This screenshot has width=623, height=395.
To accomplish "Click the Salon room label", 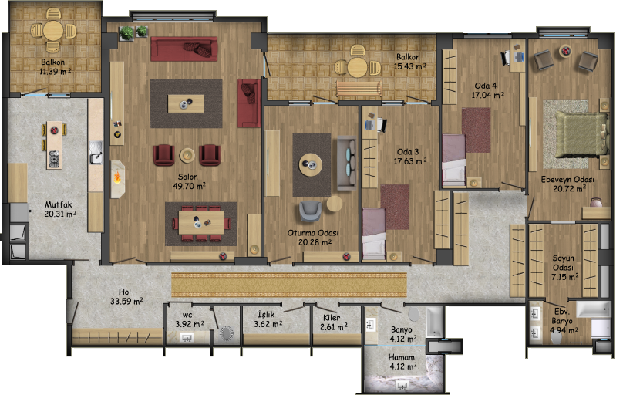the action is [x=188, y=177].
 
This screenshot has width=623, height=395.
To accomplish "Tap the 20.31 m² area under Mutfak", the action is [x=60, y=214].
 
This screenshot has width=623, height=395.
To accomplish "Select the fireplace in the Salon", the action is [x=118, y=178].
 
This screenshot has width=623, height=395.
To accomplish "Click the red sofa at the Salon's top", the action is [x=184, y=49].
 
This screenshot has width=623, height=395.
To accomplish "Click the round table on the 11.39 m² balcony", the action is [x=53, y=30].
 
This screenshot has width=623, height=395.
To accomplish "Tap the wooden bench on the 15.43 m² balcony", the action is [x=359, y=89].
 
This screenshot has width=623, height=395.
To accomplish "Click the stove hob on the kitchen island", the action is [x=54, y=159].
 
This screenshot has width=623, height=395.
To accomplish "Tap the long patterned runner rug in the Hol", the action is [x=289, y=285].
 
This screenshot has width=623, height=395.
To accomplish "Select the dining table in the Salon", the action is [x=201, y=222].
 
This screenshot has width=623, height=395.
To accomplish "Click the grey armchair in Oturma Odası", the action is [x=310, y=211].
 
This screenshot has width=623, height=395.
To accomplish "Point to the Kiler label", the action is [x=332, y=318].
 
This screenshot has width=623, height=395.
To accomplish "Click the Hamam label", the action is [x=401, y=357].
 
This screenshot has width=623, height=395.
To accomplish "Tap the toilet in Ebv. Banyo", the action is [x=556, y=337].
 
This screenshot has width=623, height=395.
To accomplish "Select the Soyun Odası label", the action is [x=564, y=262].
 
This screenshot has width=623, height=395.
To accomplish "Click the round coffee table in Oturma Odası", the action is [x=310, y=164].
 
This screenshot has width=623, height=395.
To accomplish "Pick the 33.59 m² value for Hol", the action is [x=126, y=302].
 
